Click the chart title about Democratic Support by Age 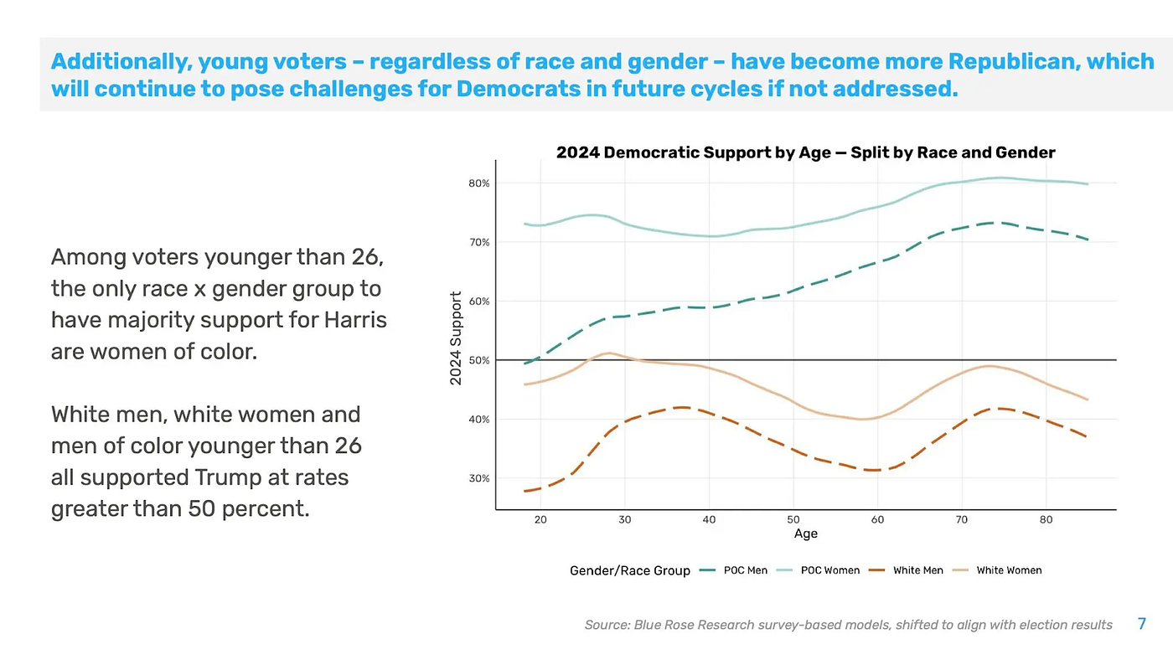(x=805, y=152)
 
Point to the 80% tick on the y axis (x=479, y=183)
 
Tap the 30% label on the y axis (x=479, y=479)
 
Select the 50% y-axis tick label (x=479, y=361)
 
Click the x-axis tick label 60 (x=877, y=519)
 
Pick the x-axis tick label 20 (x=540, y=519)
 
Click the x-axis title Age (x=805, y=534)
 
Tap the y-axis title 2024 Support (x=457, y=338)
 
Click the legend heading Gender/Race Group (x=630, y=570)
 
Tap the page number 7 (x=1141, y=624)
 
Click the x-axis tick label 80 (x=1046, y=519)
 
